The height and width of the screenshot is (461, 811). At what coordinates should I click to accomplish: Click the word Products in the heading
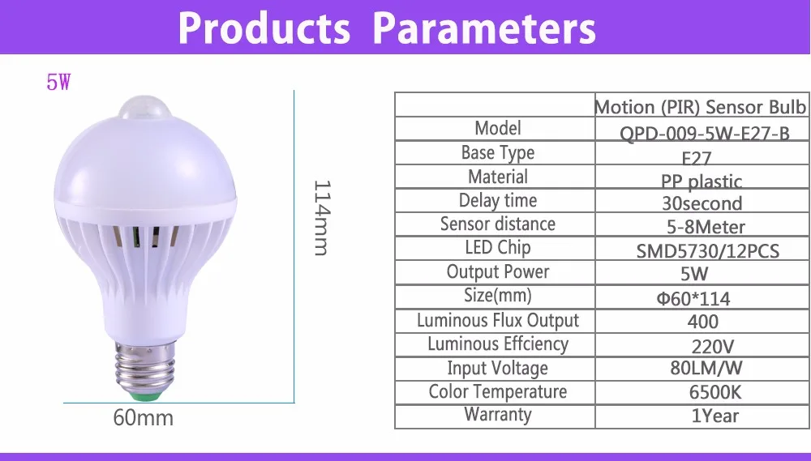pos(264,28)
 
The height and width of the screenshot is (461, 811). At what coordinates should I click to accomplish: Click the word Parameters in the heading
pos(484,28)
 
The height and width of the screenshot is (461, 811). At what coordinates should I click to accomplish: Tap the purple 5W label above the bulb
pos(58,82)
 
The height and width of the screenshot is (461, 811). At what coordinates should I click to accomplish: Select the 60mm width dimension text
pos(144,417)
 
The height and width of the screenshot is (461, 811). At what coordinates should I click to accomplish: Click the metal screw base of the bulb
pos(145,367)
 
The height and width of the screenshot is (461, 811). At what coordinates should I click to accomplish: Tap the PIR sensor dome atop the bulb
pos(145,107)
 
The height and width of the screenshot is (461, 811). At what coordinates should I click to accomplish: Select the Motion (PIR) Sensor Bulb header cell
pos(701,106)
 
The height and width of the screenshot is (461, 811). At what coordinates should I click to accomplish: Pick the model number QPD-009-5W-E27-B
pos(705,134)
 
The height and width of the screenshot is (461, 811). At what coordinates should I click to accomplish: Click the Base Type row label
pos(498,153)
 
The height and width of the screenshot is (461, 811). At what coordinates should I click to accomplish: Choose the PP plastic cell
pos(702,181)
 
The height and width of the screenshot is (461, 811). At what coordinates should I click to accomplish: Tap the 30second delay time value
pos(702,203)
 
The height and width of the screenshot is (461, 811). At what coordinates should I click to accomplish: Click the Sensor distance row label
pos(498,224)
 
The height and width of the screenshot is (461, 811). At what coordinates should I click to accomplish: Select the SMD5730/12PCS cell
pos(707,251)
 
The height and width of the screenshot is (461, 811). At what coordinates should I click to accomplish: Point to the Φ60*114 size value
pos(693,299)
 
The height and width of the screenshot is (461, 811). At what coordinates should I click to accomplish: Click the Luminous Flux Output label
pos(498,320)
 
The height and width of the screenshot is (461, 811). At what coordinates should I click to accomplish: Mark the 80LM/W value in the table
pos(706,368)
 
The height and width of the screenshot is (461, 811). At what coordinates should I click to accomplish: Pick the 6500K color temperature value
pos(715,392)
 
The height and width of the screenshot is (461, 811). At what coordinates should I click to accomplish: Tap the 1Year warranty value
pos(715,416)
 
